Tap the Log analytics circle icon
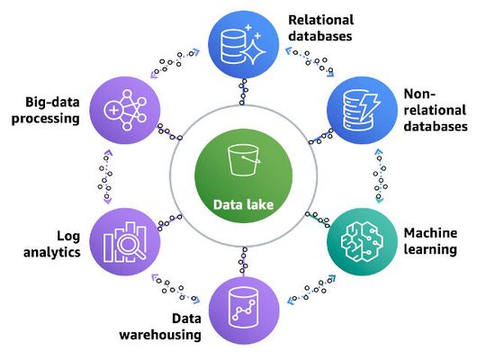(x=128, y=241)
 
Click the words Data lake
(x=242, y=203)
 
